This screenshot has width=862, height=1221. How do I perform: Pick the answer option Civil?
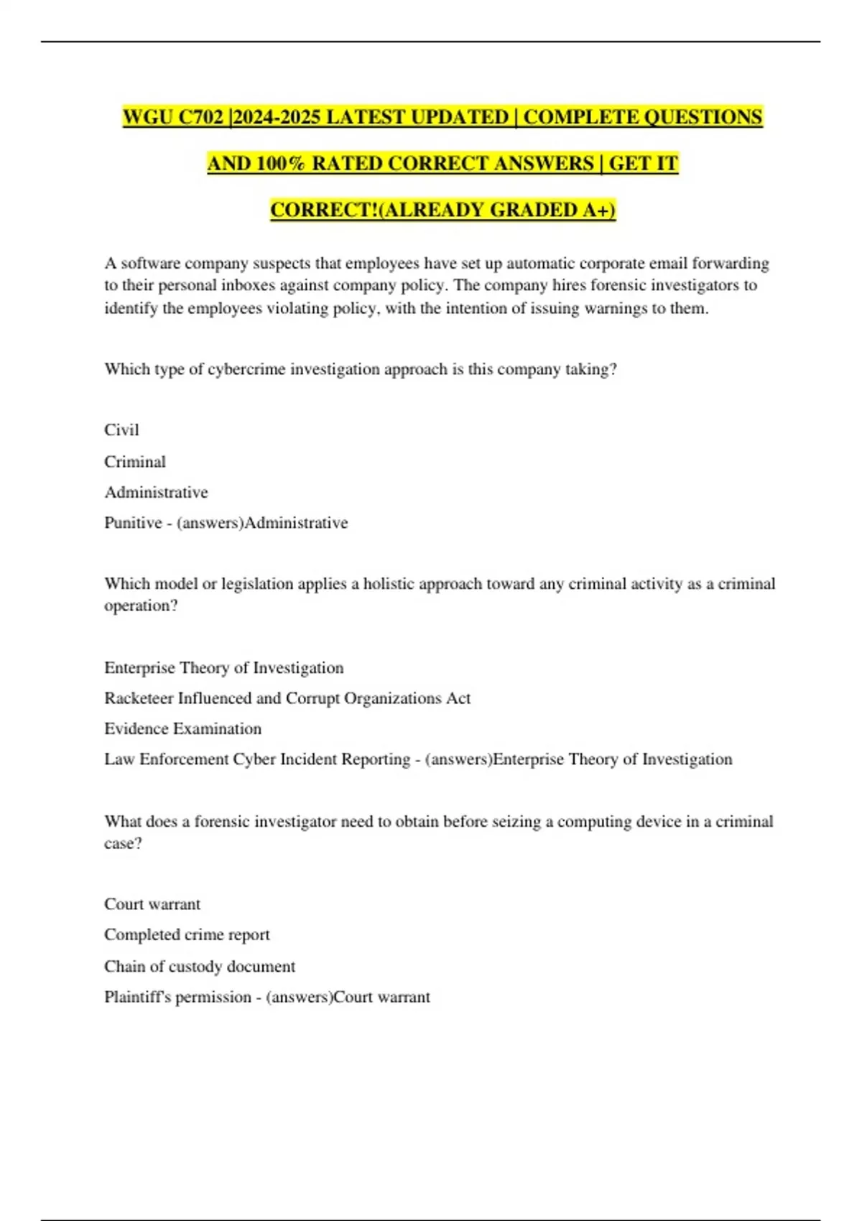pos(121,430)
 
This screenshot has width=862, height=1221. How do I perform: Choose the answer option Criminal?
pos(135,462)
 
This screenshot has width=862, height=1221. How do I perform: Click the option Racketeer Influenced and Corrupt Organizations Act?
pos(287,698)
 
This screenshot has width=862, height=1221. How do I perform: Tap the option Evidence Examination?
pos(182,729)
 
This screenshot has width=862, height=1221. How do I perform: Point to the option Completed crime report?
pos(187,935)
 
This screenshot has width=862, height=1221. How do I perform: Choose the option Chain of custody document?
pos(200,967)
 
